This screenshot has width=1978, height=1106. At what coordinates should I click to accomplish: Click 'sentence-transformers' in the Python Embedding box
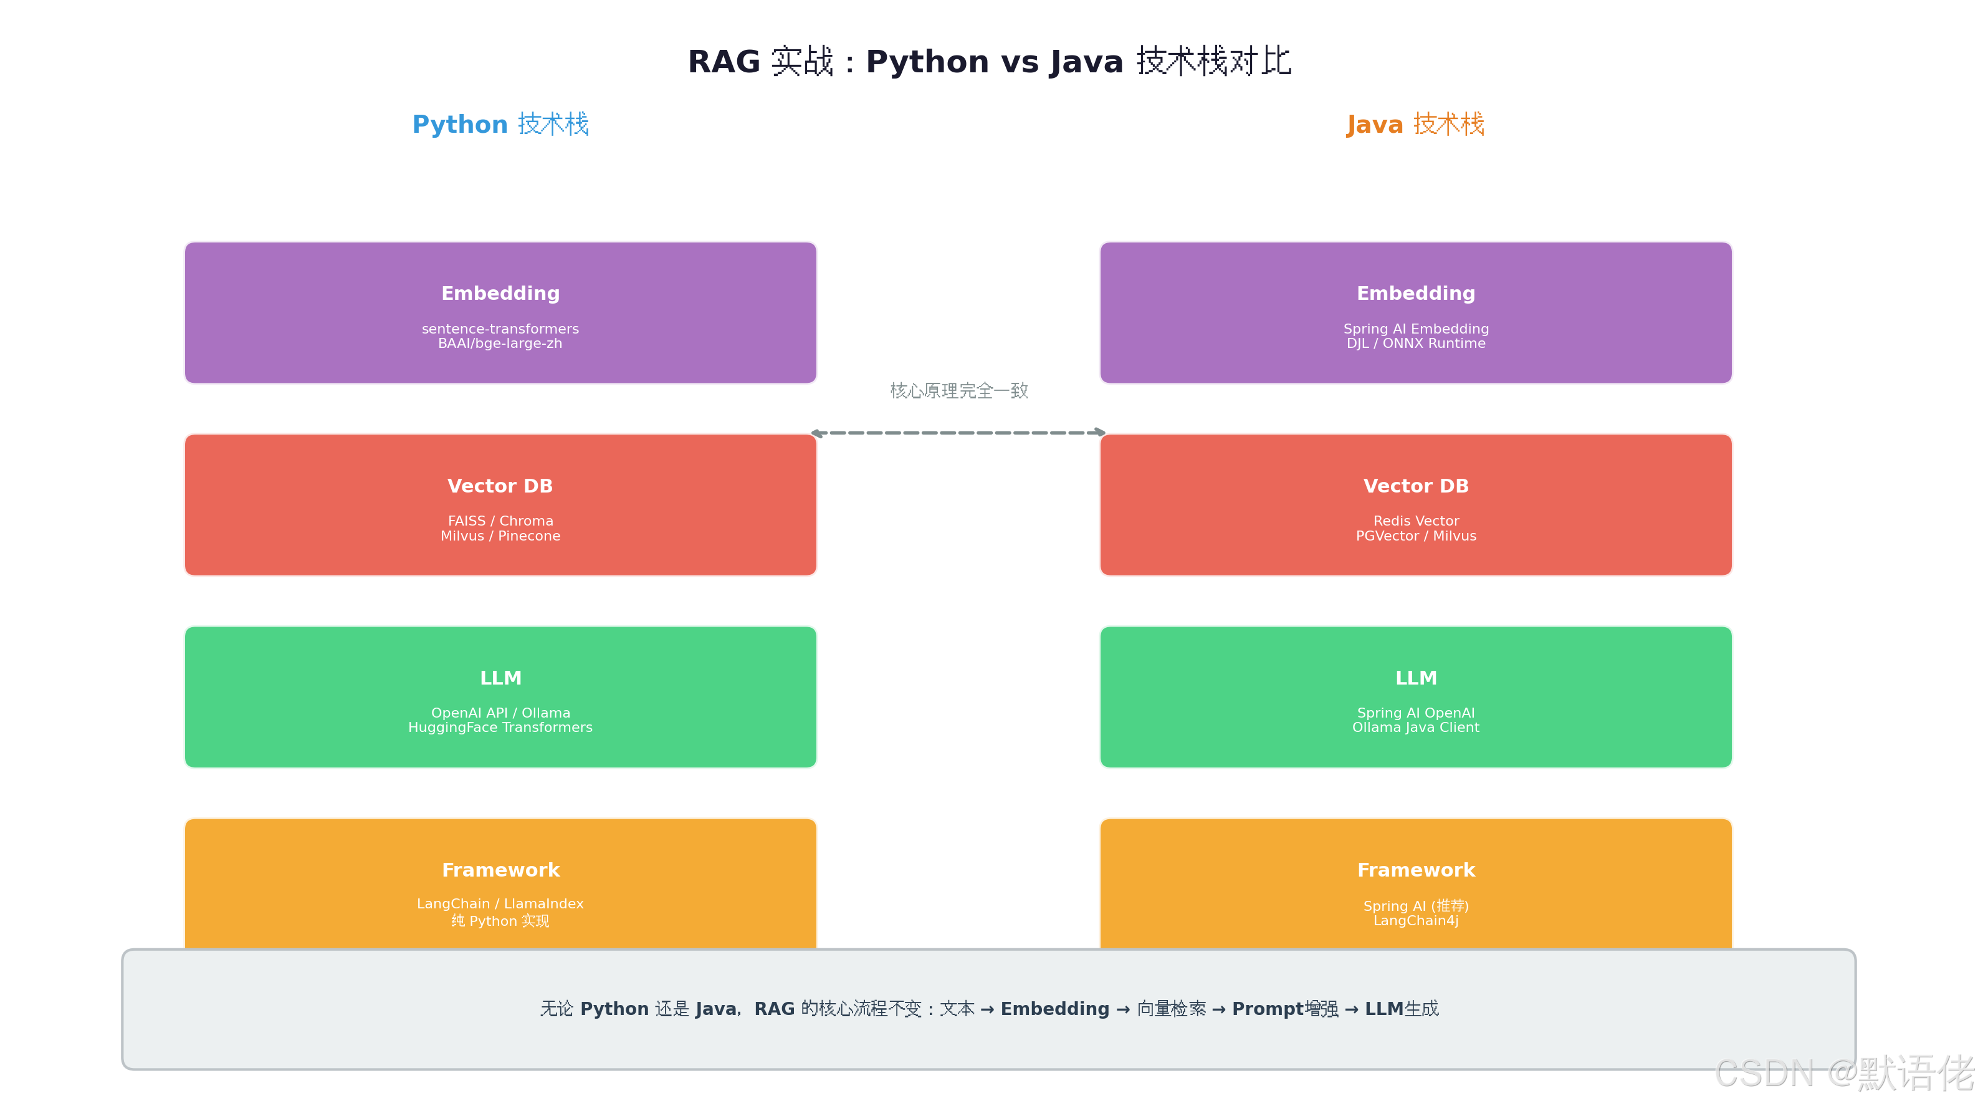click(x=500, y=329)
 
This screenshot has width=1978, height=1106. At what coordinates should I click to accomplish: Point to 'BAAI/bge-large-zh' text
click(x=500, y=344)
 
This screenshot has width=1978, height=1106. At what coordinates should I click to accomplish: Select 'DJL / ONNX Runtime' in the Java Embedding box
click(x=1416, y=344)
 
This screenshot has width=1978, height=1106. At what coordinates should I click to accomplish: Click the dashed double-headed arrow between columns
click(x=958, y=433)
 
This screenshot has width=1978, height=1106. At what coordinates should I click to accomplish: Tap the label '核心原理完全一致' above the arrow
click(x=959, y=391)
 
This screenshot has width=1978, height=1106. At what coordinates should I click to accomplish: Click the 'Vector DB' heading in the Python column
click(x=500, y=486)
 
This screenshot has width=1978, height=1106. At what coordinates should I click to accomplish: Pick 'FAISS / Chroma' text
click(x=500, y=521)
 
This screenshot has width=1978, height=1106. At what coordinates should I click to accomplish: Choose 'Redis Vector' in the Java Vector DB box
click(x=1416, y=521)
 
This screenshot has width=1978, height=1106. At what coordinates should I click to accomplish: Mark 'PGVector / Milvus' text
click(x=1416, y=536)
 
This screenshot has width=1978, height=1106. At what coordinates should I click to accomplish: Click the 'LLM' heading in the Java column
click(x=1416, y=678)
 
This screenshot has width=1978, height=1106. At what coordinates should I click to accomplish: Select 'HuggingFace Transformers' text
click(x=500, y=728)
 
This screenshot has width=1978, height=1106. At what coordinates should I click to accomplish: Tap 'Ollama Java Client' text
click(x=1416, y=728)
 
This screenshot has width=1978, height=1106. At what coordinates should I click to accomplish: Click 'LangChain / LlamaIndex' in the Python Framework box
click(x=500, y=904)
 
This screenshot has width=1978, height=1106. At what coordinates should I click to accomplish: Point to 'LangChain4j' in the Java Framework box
click(x=1416, y=921)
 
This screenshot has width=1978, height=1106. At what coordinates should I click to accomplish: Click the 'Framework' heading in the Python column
click(x=500, y=870)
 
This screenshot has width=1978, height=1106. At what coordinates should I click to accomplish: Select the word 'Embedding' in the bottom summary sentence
click(x=1055, y=1009)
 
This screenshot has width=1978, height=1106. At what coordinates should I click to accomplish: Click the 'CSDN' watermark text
click(x=1764, y=1074)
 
